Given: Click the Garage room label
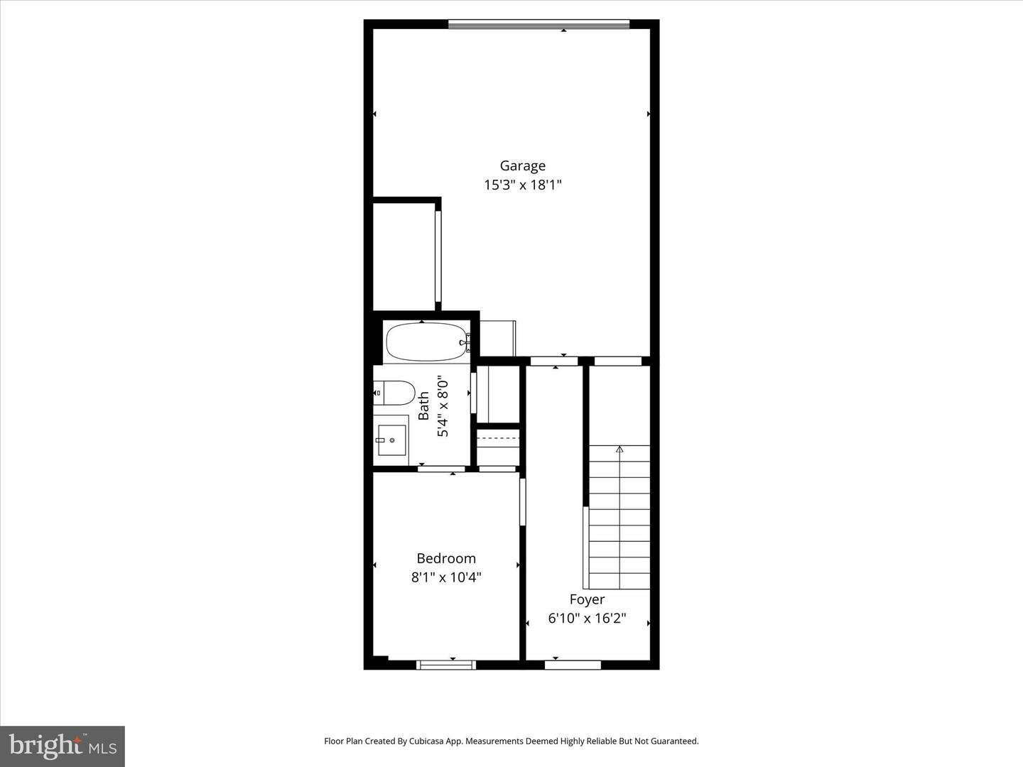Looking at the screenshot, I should pos(522,165).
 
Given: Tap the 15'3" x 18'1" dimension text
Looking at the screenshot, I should pos(522,185).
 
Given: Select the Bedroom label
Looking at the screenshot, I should pos(446,558).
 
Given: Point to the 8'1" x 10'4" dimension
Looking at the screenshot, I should pos(446,577).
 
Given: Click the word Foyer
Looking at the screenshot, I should pos(587,599).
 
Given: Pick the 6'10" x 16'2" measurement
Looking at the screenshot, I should pos(587,619).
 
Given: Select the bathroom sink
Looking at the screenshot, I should pos(391,440).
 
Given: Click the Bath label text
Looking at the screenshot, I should pos(424,406).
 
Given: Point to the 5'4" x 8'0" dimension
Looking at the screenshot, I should pos(443,406).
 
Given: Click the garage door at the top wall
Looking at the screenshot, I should pos(538,25).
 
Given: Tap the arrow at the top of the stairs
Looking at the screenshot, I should pos(619,449).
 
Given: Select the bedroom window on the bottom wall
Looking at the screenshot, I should pos(446,665).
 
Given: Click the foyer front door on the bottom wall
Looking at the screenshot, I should pos(573,665).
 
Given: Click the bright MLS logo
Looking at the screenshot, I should pos(63,746).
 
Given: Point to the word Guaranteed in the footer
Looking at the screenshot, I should pos(674,741).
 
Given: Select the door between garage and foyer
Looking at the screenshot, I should pos(554,361).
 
